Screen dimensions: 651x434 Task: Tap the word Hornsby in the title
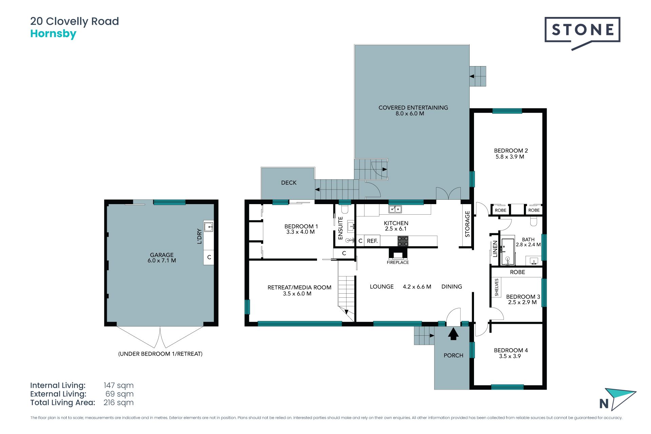(x=53, y=34)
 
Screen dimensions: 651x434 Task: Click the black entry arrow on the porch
(x=453, y=334)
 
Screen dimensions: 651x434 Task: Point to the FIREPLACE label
(x=398, y=262)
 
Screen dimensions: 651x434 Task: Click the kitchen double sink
(x=395, y=209)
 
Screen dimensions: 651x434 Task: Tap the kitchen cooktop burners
(x=403, y=241)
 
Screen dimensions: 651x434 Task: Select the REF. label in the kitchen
(x=372, y=241)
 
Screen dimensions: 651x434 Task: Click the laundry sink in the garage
(x=209, y=226)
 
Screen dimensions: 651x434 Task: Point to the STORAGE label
(x=468, y=224)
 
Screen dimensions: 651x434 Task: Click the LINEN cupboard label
(x=495, y=249)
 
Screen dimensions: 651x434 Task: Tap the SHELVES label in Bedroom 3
(x=497, y=287)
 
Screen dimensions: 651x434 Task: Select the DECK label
(x=289, y=183)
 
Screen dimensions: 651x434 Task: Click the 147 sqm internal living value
(x=119, y=385)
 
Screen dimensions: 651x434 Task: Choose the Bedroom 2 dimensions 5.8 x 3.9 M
(x=510, y=157)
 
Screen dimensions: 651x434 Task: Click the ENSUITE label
(x=341, y=228)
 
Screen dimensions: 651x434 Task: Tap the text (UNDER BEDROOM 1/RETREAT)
(x=160, y=354)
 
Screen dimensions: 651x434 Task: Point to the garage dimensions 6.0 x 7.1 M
(x=162, y=260)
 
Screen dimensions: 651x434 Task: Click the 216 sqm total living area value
(x=119, y=402)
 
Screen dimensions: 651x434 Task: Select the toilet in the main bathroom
(x=534, y=221)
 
